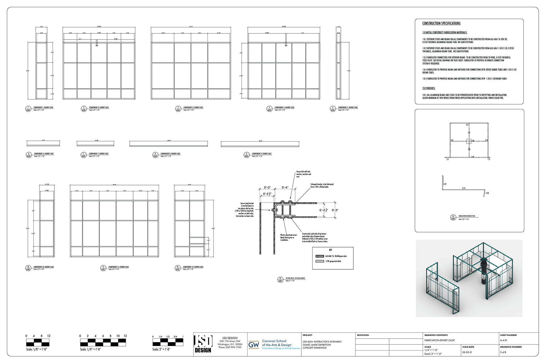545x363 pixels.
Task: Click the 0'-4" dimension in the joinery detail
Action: pyautogui.click(x=285, y=187)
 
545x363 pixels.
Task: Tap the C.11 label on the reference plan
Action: pyautogui.click(x=464, y=188)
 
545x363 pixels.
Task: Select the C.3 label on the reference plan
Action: pyautogui.click(x=467, y=125)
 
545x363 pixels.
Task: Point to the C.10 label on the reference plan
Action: pyautogui.click(x=487, y=193)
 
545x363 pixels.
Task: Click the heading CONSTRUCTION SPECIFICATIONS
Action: pyautogui.click(x=441, y=24)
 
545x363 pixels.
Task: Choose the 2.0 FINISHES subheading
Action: pyautogui.click(x=429, y=88)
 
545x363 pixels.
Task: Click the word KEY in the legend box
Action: pyautogui.click(x=330, y=250)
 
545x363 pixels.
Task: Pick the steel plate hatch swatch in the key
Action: pyautogui.click(x=320, y=261)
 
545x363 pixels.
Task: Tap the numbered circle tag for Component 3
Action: pyautogui.click(x=178, y=109)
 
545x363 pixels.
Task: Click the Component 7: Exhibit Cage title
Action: pyautogui.click(x=98, y=154)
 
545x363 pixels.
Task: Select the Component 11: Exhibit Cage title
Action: pyautogui.click(x=119, y=267)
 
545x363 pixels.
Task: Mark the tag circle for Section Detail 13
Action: pyautogui.click(x=280, y=280)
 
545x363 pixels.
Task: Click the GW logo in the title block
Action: pyautogui.click(x=253, y=345)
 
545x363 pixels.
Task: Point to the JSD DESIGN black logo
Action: pyautogui.click(x=203, y=344)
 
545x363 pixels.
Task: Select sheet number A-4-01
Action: pyautogui.click(x=504, y=340)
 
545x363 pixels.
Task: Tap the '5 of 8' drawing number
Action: pyautogui.click(x=503, y=352)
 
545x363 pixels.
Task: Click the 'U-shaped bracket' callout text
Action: pyautogui.click(x=322, y=186)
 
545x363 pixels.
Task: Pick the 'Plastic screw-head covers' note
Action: pyautogui.click(x=289, y=237)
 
